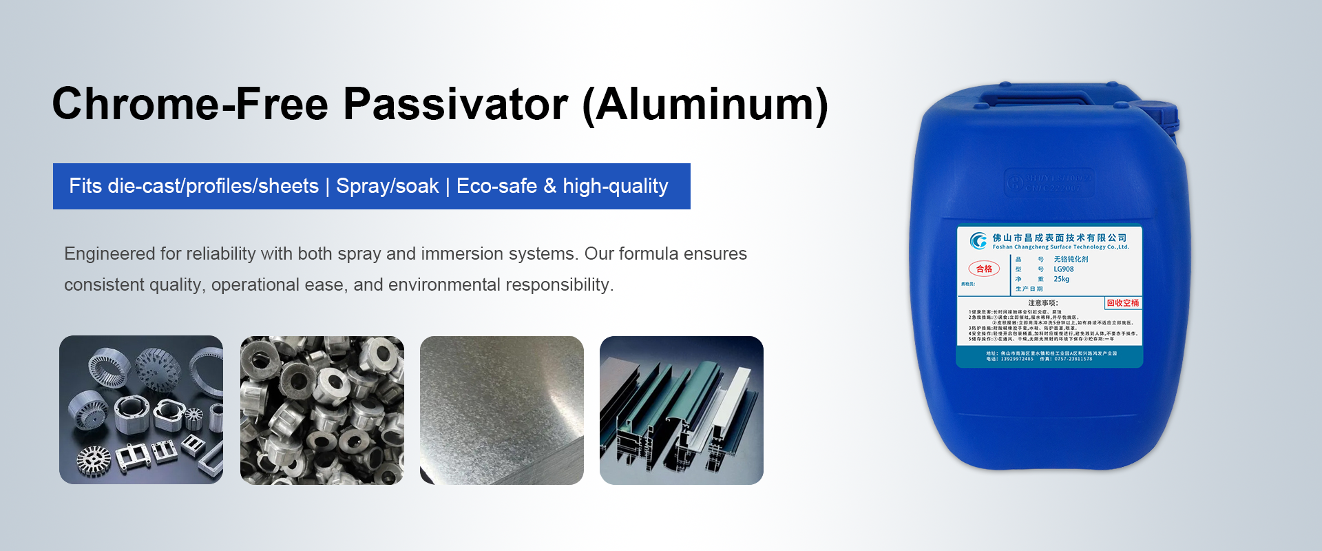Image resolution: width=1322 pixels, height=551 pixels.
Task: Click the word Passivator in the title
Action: pos(455,105)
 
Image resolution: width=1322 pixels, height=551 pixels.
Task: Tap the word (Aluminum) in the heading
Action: pos(705,105)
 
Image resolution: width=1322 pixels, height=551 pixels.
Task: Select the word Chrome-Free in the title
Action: pos(190,105)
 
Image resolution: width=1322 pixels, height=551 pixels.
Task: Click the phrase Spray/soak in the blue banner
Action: pos(387,186)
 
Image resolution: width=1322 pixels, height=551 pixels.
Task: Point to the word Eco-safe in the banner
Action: pos(496,186)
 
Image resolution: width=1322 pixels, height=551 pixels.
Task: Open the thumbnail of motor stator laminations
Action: pos(141,410)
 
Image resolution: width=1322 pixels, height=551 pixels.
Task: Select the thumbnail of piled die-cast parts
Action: pos(322,410)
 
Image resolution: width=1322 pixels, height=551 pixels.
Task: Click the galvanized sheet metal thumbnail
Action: pos(501,410)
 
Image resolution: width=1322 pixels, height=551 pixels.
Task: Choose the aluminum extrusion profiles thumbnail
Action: pos(681,410)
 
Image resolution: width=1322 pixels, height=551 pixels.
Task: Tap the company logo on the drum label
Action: pos(978,240)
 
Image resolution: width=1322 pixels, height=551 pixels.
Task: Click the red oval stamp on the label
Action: pos(984,269)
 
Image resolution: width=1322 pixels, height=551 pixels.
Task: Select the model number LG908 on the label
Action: pos(1063,269)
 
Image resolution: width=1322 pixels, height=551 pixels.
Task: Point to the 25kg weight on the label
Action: pos(1061,279)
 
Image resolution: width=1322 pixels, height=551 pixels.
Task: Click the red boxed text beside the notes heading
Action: pos(1122,303)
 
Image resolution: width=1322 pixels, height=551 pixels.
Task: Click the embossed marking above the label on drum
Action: pos(1049,182)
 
